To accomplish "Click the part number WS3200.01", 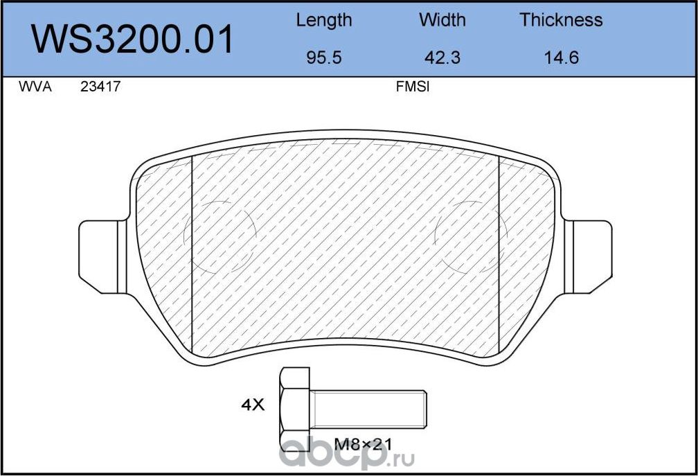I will pos(133,39).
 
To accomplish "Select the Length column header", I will pos(323,20).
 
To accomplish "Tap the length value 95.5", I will pos(323,58).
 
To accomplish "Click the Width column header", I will pos(442,20).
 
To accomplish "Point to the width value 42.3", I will pos(442,58).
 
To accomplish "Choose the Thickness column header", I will pos(561,20).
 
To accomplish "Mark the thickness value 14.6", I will pos(561,58).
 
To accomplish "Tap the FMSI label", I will pos(413,88).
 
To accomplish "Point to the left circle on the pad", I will pos(220,236).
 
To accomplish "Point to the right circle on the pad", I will pos(471,236).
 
